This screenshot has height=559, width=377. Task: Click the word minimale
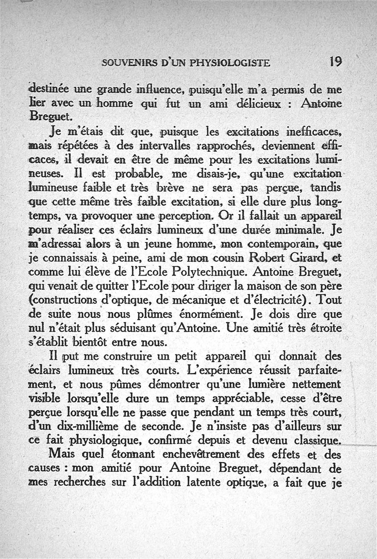(303, 232)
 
